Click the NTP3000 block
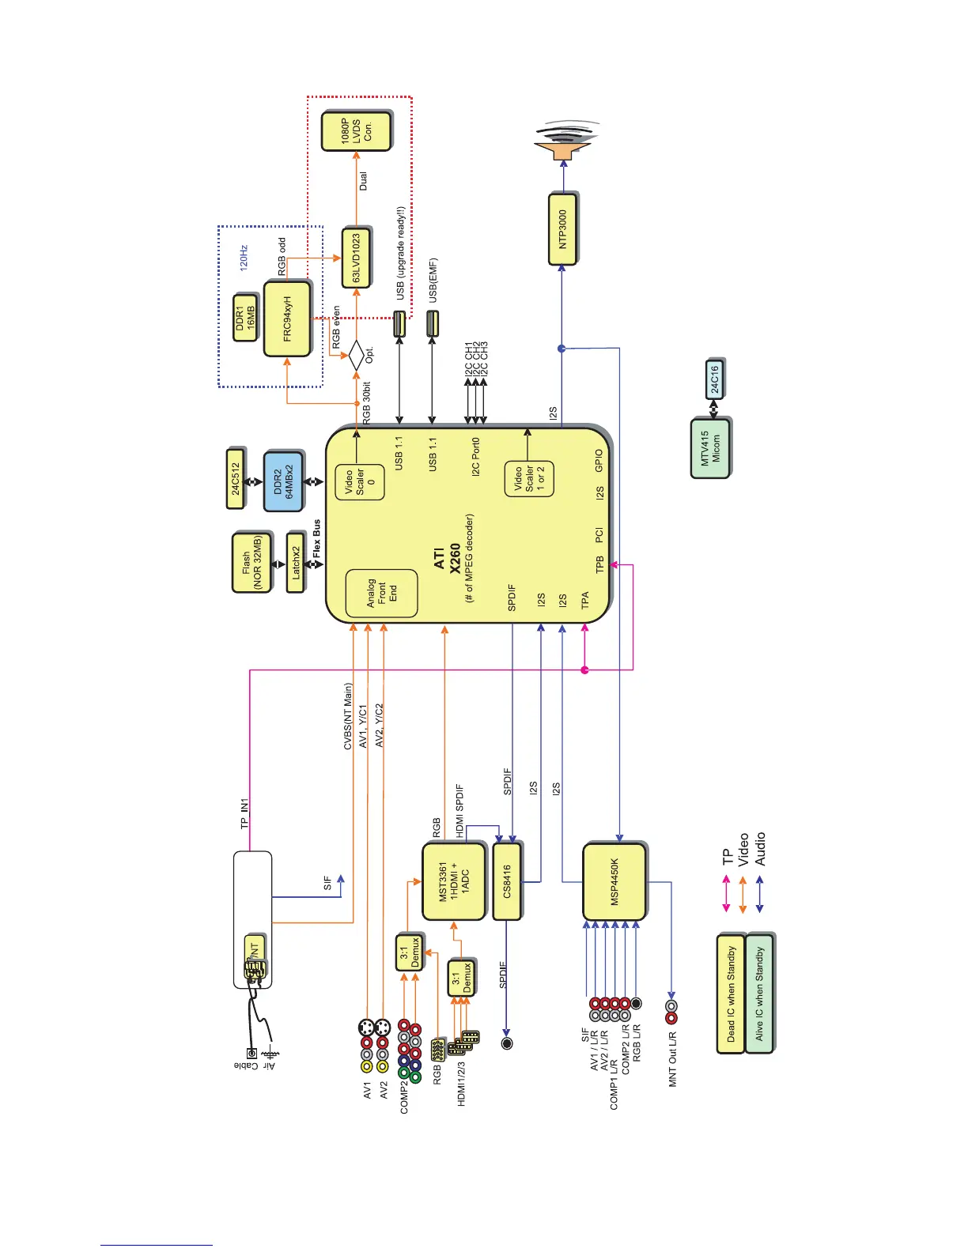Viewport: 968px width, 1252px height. [562, 229]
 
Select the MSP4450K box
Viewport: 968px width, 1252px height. [614, 881]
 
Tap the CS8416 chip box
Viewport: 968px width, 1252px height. [507, 881]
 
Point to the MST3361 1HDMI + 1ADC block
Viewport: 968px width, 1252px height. [453, 881]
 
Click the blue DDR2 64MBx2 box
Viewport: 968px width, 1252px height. [283, 481]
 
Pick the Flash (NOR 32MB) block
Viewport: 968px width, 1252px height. [251, 563]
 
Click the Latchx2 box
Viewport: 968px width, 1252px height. [296, 563]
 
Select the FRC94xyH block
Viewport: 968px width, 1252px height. [287, 319]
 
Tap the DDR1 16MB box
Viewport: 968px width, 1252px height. [245, 319]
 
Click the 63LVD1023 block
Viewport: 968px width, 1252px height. [356, 258]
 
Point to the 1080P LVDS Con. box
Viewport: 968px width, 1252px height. [356, 131]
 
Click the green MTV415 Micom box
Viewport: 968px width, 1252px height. [709, 448]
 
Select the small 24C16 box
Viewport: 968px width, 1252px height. [714, 379]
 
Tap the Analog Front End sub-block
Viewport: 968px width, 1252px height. [381, 593]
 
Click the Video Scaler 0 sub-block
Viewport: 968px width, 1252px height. [360, 482]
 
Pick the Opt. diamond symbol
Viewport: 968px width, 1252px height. [356, 355]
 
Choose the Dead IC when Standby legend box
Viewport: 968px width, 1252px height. [731, 994]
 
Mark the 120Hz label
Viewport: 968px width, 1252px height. [244, 258]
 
